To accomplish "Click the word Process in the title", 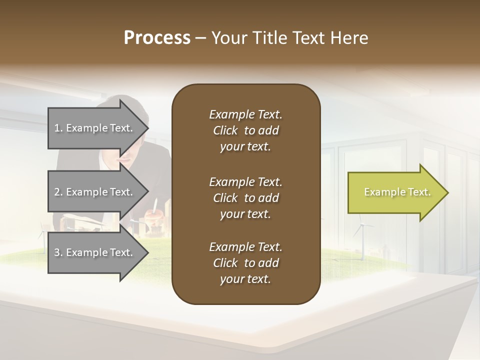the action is (157, 38).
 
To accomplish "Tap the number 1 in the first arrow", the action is (57, 128).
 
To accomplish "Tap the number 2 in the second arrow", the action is (57, 192).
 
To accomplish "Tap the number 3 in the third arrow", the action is (57, 252).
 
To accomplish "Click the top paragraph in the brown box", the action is (245, 130).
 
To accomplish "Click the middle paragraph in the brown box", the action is (245, 198).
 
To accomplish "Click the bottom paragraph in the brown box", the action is (245, 263).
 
